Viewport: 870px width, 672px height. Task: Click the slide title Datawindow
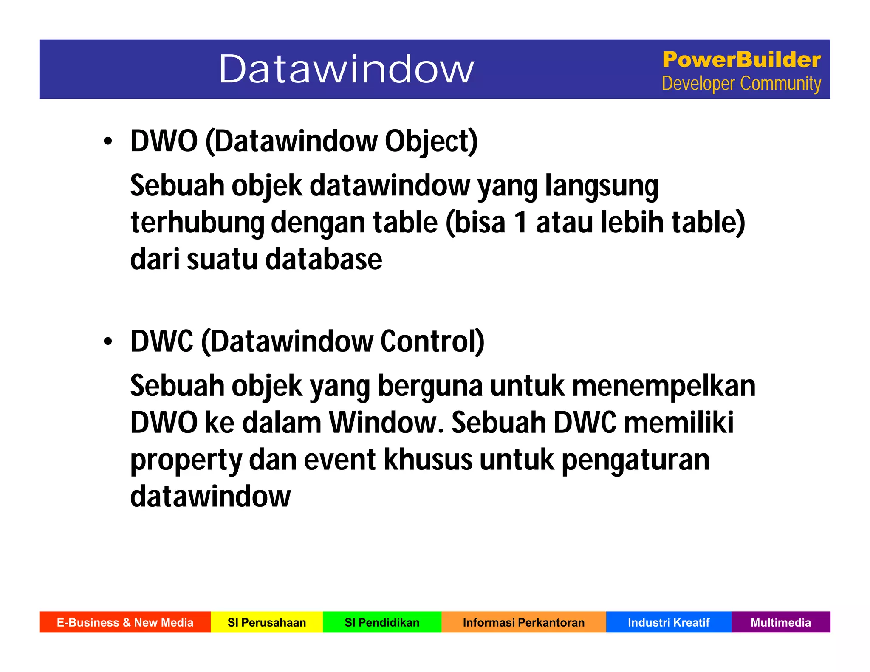[x=346, y=69]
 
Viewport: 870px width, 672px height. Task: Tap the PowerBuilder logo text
[x=741, y=59]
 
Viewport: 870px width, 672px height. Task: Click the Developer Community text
[x=741, y=84]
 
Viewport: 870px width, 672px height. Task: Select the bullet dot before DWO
[x=108, y=141]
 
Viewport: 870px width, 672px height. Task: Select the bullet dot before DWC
[x=108, y=342]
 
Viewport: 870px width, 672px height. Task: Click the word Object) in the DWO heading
[x=431, y=141]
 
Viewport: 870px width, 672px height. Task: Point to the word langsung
[x=602, y=186]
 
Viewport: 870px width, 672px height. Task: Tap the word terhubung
[x=197, y=223]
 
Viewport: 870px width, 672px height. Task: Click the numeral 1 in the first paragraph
[x=521, y=223]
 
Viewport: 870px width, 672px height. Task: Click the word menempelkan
[x=664, y=386]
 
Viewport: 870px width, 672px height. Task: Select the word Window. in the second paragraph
[x=386, y=423]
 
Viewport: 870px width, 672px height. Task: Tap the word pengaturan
[x=636, y=460]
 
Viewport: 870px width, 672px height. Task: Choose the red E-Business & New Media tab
[x=125, y=622]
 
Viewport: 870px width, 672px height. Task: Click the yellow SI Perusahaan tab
[x=267, y=622]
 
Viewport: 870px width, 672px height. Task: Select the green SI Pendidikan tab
[x=382, y=622]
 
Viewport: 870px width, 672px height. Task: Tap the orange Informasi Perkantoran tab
[x=523, y=622]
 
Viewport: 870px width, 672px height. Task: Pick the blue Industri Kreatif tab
[x=669, y=622]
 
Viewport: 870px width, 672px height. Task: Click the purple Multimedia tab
[x=780, y=622]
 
